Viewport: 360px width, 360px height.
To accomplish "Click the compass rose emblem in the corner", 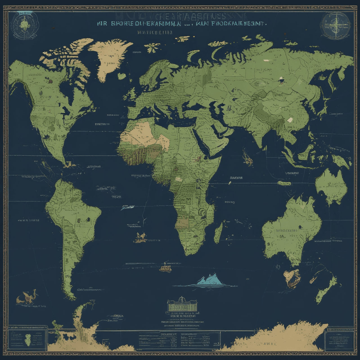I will (x=336, y=26).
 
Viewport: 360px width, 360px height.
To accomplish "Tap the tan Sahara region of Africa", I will (x=141, y=131).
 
